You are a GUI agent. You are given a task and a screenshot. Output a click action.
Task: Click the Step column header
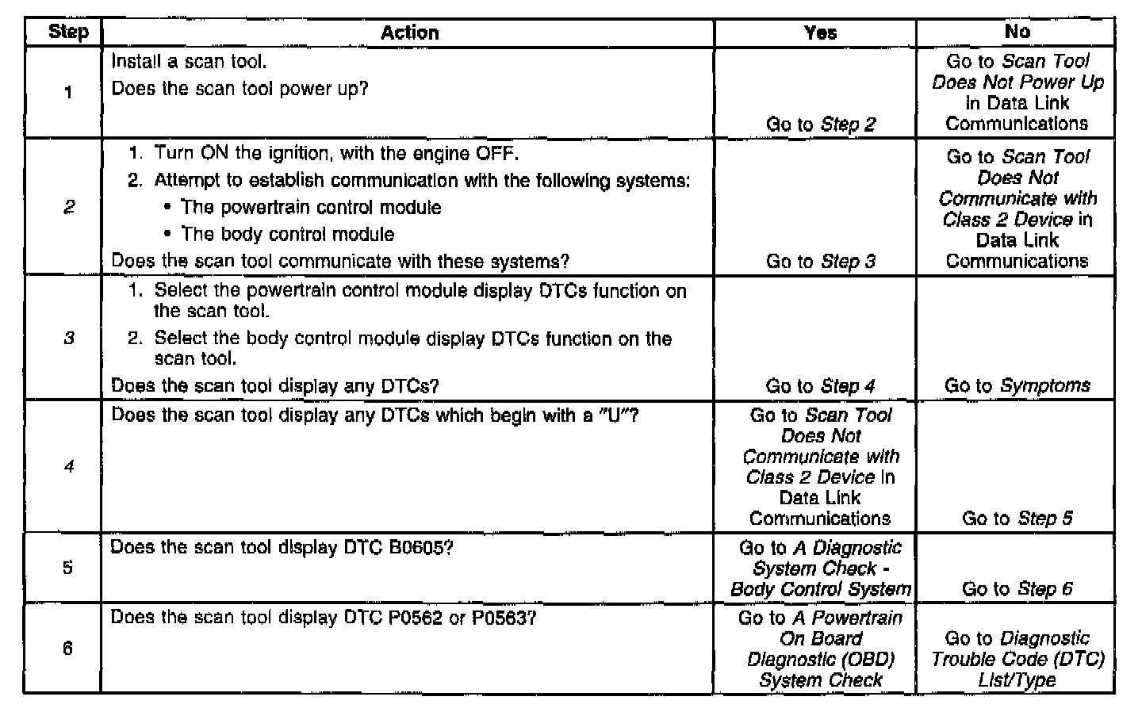coord(67,33)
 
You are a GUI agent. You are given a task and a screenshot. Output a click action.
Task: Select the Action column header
coord(409,33)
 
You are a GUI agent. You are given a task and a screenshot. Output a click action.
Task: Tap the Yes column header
coord(820,33)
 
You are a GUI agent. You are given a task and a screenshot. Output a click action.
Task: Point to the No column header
coord(1017,32)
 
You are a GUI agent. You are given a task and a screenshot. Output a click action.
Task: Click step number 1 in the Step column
coord(68,93)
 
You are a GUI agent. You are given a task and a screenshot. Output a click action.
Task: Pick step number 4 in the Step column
coord(68,467)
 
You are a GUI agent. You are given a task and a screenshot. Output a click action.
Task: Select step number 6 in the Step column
coord(68,649)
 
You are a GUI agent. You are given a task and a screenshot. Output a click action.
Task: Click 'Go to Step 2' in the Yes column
coord(820,124)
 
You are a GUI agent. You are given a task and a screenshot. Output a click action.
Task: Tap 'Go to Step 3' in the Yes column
coord(820,262)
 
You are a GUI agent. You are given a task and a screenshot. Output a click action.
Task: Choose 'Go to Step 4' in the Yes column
coord(820,386)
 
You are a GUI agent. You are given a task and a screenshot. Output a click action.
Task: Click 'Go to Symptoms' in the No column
coord(1017,386)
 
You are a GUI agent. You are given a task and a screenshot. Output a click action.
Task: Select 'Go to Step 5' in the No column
coord(1017,519)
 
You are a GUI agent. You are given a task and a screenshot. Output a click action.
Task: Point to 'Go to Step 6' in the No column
coord(1017,589)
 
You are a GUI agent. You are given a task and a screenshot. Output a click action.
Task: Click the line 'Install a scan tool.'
coord(189,62)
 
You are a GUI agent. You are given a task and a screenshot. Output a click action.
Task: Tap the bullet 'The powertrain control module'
coord(311,208)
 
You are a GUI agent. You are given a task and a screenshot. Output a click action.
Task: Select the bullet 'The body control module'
coord(287,235)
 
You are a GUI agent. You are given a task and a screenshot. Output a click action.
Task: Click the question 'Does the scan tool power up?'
coord(240,89)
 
